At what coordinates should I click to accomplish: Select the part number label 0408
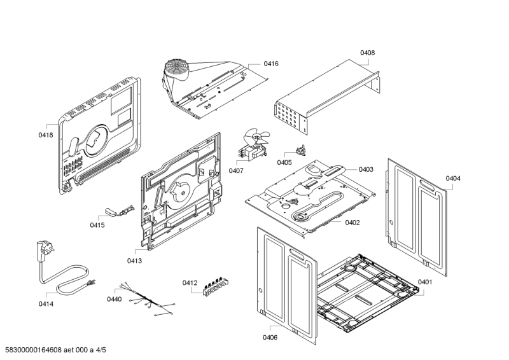(x=367, y=53)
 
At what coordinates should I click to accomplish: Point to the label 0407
(x=236, y=170)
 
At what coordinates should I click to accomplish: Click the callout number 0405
(x=284, y=162)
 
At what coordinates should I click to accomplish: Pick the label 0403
(x=366, y=169)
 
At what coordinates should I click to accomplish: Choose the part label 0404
(x=453, y=178)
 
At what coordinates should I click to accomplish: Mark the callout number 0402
(x=352, y=222)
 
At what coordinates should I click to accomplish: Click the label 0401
(x=425, y=282)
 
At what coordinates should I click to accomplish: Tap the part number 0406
(x=270, y=337)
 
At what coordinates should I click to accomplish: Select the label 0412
(x=190, y=282)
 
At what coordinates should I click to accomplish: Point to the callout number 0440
(x=114, y=299)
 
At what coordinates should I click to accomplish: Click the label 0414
(x=46, y=304)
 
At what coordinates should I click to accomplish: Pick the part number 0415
(x=97, y=225)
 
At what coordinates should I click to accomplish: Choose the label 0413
(x=134, y=261)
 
